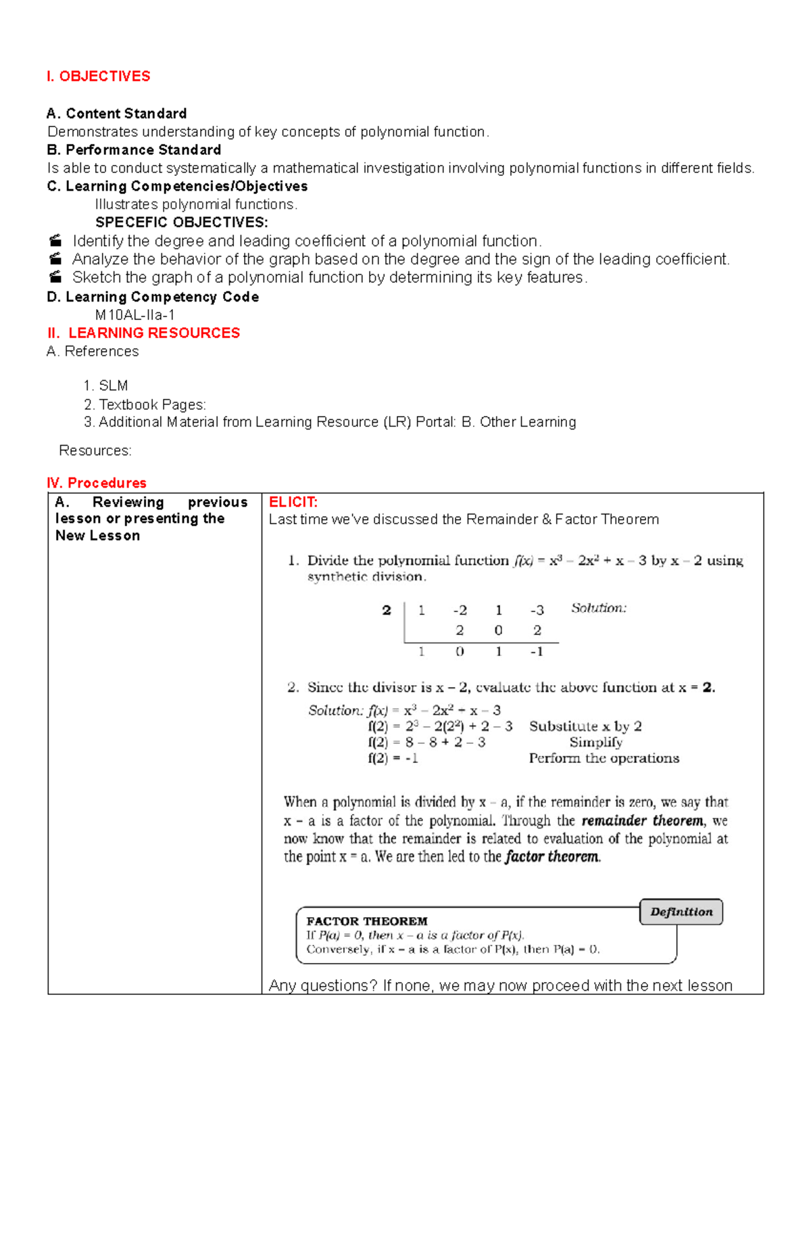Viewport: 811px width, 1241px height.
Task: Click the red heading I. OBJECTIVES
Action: (x=99, y=76)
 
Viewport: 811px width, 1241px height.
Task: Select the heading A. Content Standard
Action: (x=116, y=114)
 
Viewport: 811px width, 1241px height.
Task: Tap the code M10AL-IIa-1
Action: (x=134, y=315)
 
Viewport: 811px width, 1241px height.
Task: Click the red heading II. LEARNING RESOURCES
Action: (x=144, y=333)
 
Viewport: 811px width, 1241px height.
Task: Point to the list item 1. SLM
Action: (x=105, y=386)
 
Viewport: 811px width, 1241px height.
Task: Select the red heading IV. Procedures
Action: (x=97, y=483)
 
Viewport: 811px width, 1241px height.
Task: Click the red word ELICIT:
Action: (x=293, y=502)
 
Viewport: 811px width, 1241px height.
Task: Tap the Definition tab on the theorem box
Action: (x=681, y=912)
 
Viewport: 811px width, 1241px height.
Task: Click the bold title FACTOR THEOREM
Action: (x=366, y=921)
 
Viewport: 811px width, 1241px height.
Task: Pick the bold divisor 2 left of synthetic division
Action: (x=387, y=610)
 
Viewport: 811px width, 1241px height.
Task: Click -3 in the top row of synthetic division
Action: (x=537, y=610)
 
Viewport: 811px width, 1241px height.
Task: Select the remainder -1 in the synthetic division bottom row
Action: (x=537, y=652)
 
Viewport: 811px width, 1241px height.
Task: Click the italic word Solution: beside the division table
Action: (x=598, y=608)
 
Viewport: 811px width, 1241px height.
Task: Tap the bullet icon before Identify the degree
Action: (x=56, y=241)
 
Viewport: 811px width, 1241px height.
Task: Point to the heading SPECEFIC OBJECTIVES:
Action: (x=181, y=223)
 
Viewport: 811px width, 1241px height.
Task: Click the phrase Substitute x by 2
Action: (x=585, y=726)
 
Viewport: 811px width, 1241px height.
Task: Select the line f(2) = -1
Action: (x=393, y=758)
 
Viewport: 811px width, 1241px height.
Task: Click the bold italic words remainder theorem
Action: (x=642, y=820)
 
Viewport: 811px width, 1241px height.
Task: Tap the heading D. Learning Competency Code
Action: (x=153, y=297)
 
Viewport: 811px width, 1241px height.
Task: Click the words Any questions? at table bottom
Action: (x=323, y=985)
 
